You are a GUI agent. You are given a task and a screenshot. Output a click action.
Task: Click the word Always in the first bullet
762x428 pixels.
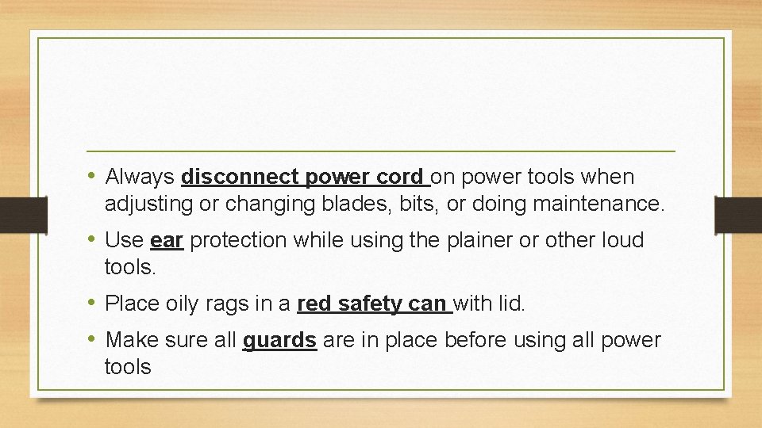tap(140, 177)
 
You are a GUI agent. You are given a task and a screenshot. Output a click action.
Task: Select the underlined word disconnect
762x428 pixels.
tap(241, 177)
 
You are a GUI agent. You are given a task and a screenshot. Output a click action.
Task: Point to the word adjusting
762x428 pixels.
tap(150, 204)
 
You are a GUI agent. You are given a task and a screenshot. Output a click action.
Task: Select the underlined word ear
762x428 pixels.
tap(167, 240)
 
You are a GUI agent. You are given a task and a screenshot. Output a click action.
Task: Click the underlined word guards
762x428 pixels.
tap(279, 341)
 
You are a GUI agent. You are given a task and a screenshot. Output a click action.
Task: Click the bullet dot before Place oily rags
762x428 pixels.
tap(93, 303)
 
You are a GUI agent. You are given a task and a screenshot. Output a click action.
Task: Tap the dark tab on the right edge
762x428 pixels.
tap(737, 214)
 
